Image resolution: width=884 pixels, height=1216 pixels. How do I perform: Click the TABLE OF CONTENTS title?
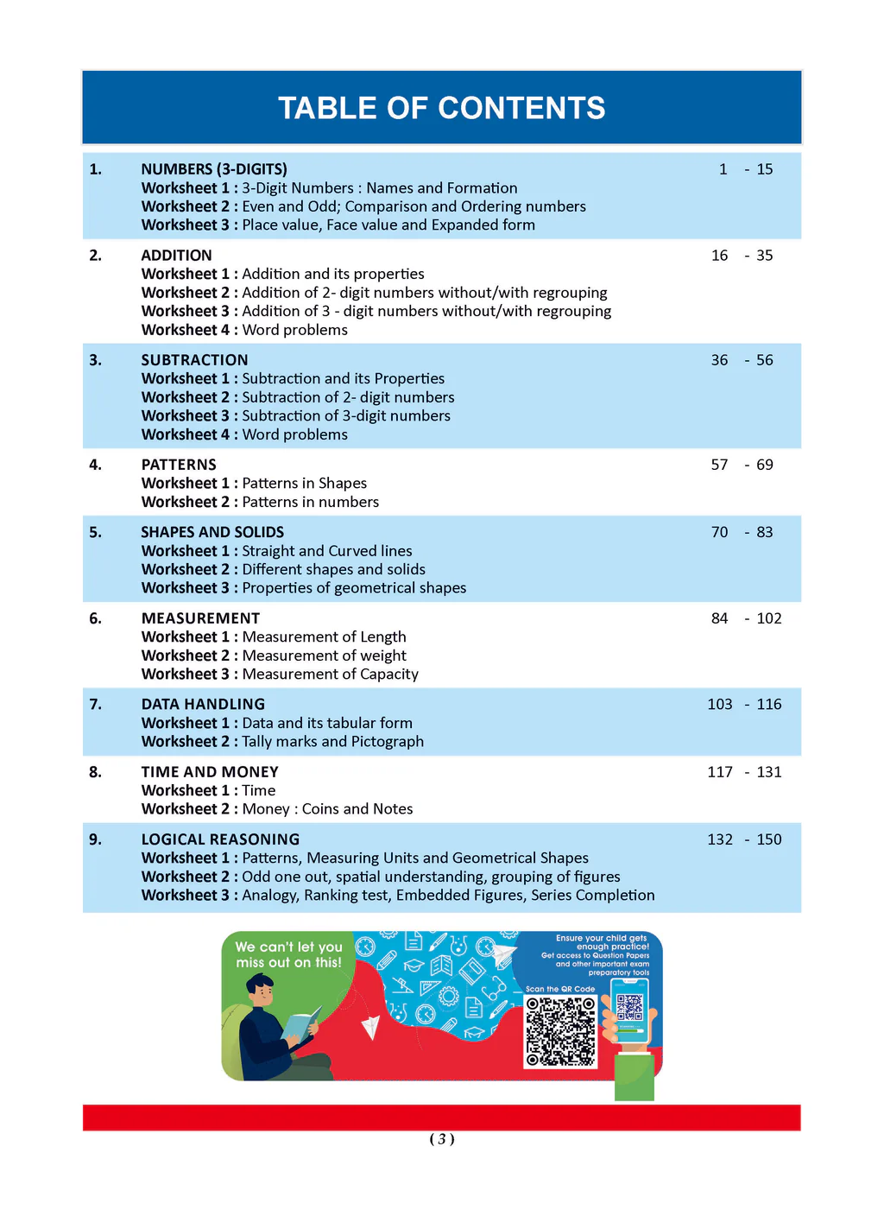tap(441, 108)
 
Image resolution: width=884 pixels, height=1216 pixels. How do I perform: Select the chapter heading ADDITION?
tap(176, 256)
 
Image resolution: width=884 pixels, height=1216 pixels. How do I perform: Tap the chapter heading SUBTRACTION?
tap(194, 360)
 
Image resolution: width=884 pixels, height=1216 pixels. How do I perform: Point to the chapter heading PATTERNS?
tap(179, 465)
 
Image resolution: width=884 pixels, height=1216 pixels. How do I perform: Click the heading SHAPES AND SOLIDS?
tap(212, 532)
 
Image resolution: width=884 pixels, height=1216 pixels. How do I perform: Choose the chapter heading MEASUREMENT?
tap(200, 618)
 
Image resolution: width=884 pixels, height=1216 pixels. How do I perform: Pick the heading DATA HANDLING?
tap(203, 704)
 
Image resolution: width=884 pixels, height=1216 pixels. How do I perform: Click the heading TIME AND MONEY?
tap(210, 772)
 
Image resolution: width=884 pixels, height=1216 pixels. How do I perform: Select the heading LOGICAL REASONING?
tap(220, 839)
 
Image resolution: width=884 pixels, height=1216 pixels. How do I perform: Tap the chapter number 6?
tap(95, 618)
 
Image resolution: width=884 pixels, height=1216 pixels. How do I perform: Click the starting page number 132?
tap(720, 839)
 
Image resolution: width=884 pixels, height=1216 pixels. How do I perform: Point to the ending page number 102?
tap(768, 618)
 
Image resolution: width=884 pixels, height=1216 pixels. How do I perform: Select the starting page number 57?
tap(719, 465)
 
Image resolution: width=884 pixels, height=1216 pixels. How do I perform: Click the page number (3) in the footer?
tap(442, 1139)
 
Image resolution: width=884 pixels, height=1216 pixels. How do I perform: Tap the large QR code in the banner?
tap(560, 1031)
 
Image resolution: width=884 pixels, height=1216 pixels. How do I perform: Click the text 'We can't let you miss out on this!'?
tap(288, 954)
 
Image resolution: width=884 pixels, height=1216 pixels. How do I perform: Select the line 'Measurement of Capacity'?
tap(330, 674)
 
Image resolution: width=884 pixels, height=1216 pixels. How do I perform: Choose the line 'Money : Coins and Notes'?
tap(327, 809)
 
